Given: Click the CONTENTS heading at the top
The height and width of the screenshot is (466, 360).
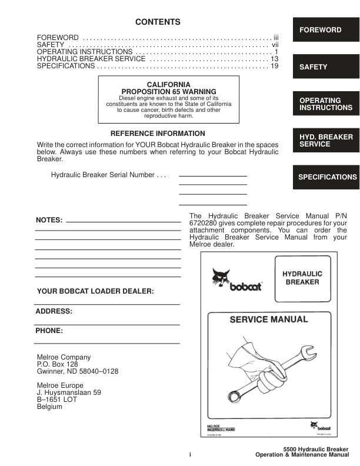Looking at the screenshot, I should click(158, 22).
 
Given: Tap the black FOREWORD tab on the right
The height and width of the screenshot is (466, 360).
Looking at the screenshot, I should click(325, 30).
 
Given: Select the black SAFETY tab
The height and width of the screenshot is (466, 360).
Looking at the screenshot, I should click(325, 67).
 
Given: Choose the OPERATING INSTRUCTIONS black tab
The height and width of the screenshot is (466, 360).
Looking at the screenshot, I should click(325, 104).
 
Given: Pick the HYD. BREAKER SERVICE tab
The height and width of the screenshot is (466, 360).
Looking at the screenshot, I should click(325, 141).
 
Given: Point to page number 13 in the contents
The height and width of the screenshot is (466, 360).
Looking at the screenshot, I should click(274, 59).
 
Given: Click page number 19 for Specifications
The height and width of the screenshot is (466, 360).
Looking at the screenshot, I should click(274, 66).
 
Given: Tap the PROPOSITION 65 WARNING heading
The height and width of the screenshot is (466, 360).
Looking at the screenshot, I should click(168, 92).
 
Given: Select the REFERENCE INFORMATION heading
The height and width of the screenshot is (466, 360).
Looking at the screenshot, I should click(158, 134).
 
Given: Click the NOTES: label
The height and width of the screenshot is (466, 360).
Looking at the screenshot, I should click(49, 220).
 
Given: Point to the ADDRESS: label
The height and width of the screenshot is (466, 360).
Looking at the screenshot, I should click(54, 311).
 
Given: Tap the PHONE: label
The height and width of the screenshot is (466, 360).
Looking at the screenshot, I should click(49, 331).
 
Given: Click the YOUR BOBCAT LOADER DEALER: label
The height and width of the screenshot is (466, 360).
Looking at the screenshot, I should click(95, 291).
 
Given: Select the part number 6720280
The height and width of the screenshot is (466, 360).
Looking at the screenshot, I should click(204, 224).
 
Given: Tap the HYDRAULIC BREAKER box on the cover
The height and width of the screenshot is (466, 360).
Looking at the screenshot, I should click(302, 278).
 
